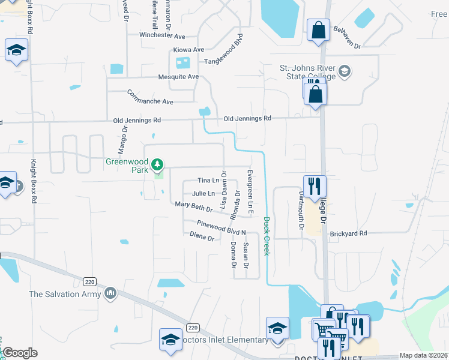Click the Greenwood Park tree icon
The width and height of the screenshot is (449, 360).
coord(157,164)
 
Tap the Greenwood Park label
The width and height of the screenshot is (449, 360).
coord(127,162)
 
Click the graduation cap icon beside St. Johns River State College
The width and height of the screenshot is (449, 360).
coord(345,72)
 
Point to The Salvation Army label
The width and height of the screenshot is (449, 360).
coord(66,293)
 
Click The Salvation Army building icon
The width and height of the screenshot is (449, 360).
coord(110,293)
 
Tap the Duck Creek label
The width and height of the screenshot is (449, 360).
coord(267,236)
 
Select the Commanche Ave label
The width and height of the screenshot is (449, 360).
coord(150,97)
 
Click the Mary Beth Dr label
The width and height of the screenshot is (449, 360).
coord(193,206)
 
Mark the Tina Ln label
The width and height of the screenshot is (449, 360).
coord(208,180)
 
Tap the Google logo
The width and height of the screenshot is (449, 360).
coord(19,352)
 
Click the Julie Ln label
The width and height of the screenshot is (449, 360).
coord(203,193)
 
